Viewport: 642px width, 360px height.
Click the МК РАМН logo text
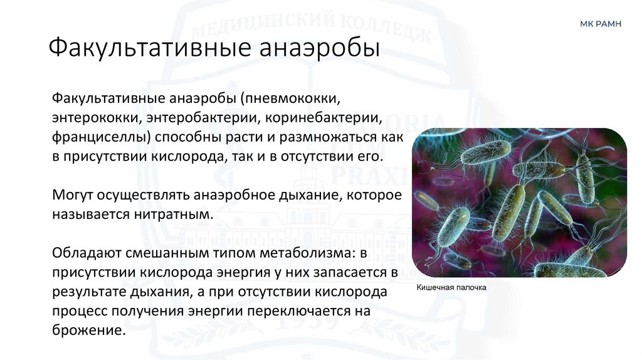(601, 24)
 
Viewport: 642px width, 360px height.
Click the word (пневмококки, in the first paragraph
(292, 98)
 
